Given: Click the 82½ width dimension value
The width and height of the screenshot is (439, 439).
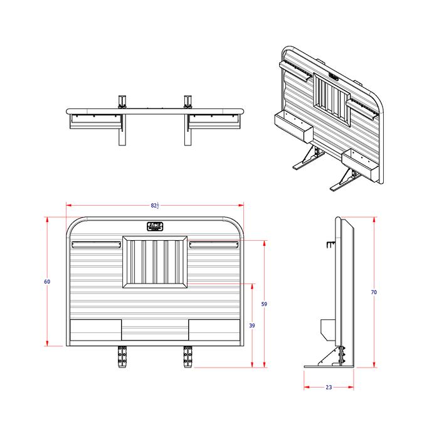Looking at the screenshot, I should point(155,205).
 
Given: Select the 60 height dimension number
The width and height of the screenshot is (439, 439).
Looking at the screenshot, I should point(47,282).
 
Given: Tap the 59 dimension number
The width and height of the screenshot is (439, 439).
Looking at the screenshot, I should point(264,304).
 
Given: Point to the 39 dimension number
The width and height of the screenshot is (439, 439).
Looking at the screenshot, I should point(252,325).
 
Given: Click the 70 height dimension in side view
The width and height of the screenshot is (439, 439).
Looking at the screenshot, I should point(374,292).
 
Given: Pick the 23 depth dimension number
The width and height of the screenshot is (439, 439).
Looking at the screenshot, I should point(329,387).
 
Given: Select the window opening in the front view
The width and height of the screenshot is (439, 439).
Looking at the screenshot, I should point(155,262).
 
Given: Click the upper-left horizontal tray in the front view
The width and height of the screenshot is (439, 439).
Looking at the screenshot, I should point(97,244).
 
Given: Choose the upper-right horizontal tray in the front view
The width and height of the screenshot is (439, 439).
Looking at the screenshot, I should point(213,244).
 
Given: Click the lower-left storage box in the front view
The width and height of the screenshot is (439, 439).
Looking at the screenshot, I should point(95,330).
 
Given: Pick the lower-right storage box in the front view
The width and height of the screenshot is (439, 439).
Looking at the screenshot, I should point(214,330).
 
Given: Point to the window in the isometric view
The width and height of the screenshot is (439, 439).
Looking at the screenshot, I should point(332,98).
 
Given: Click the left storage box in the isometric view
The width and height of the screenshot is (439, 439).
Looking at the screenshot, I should point(293,127).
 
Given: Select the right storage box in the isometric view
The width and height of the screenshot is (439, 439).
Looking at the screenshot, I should point(359,164).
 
